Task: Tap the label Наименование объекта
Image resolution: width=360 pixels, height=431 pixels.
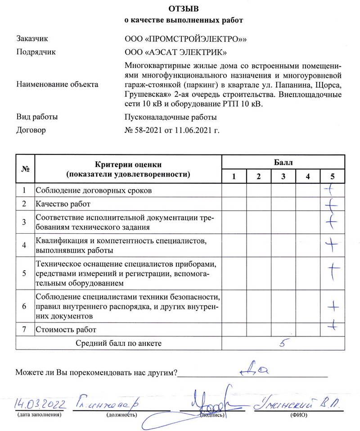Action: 58,84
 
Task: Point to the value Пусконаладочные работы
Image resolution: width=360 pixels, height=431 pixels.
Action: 171,117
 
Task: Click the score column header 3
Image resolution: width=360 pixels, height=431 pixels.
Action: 283,176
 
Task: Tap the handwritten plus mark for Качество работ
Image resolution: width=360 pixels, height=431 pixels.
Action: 332,205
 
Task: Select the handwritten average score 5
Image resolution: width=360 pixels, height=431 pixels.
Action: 283,343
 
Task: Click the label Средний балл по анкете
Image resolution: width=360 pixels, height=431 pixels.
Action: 118,343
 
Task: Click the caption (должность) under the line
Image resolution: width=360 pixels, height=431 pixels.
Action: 121,415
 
